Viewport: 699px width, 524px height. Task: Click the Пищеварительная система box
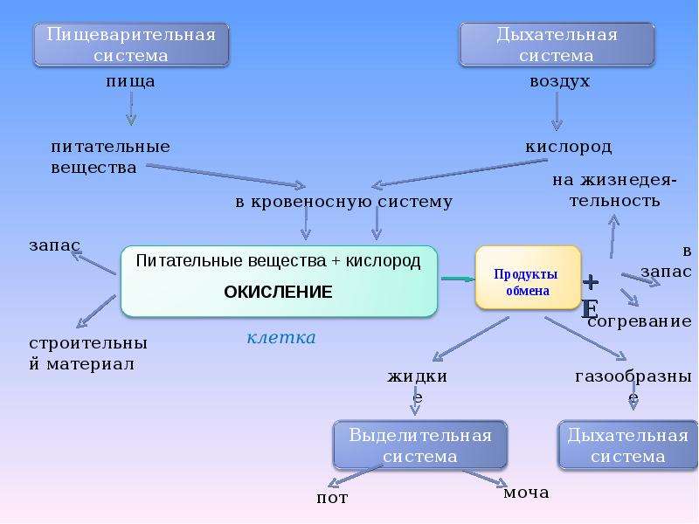[131, 45]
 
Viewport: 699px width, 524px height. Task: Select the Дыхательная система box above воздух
[557, 45]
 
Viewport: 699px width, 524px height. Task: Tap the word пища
[130, 81]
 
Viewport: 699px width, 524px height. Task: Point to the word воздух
[559, 81]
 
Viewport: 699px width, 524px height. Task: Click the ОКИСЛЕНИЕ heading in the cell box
[278, 292]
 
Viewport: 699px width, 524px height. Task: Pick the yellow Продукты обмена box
[529, 278]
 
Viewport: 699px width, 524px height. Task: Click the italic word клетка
[281, 337]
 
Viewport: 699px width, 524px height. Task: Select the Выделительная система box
[420, 445]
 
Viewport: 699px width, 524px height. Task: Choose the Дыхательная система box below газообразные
[627, 445]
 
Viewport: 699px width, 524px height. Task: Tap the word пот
[332, 497]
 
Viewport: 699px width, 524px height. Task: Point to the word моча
[526, 493]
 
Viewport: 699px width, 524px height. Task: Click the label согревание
[640, 321]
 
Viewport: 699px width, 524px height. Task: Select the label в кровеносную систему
[343, 202]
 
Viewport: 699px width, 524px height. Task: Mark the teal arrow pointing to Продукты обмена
[458, 279]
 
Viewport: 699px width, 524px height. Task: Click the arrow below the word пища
[130, 108]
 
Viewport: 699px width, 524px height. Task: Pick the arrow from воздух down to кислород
[557, 112]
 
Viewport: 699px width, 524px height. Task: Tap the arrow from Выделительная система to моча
[485, 478]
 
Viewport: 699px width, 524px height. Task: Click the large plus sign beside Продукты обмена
[591, 282]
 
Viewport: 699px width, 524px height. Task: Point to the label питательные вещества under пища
[110, 157]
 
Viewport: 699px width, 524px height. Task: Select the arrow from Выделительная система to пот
[355, 476]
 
